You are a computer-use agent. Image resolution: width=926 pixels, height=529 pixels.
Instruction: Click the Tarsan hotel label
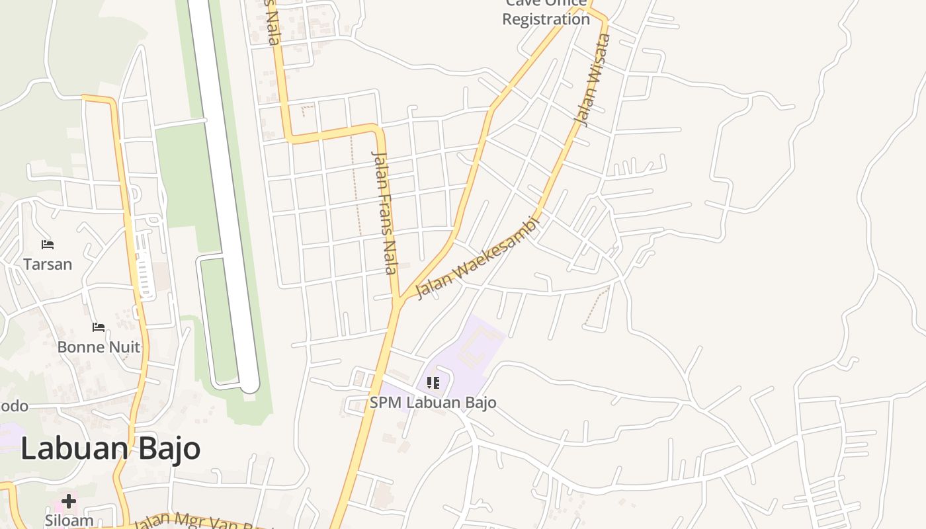click(x=47, y=264)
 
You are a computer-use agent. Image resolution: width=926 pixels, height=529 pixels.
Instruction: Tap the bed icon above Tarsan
click(x=47, y=245)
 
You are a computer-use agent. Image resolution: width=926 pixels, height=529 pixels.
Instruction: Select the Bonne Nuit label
click(x=99, y=347)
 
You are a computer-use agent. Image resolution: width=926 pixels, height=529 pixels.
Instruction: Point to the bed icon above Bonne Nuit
click(x=99, y=327)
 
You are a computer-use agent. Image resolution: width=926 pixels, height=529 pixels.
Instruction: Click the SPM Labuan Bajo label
click(x=433, y=402)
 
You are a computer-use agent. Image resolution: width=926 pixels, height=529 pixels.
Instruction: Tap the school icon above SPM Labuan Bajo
click(x=433, y=383)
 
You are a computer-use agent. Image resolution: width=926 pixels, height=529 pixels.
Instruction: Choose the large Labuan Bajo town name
click(x=110, y=448)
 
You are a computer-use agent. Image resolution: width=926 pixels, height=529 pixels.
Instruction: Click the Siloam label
click(x=69, y=520)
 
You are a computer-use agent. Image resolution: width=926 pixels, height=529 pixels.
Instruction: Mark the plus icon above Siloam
click(x=69, y=501)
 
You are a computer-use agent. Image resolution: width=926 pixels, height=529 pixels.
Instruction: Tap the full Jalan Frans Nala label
click(x=385, y=212)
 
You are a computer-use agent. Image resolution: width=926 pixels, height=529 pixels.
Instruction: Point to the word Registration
click(x=546, y=19)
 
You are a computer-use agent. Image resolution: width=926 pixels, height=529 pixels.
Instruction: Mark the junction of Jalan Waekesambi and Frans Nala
click(x=399, y=302)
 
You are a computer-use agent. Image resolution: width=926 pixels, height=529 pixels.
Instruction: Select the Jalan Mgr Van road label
click(x=198, y=522)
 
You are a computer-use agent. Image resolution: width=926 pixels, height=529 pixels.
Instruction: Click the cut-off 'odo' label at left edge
click(x=14, y=406)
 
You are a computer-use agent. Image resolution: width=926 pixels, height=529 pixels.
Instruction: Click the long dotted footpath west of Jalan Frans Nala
click(x=356, y=185)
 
